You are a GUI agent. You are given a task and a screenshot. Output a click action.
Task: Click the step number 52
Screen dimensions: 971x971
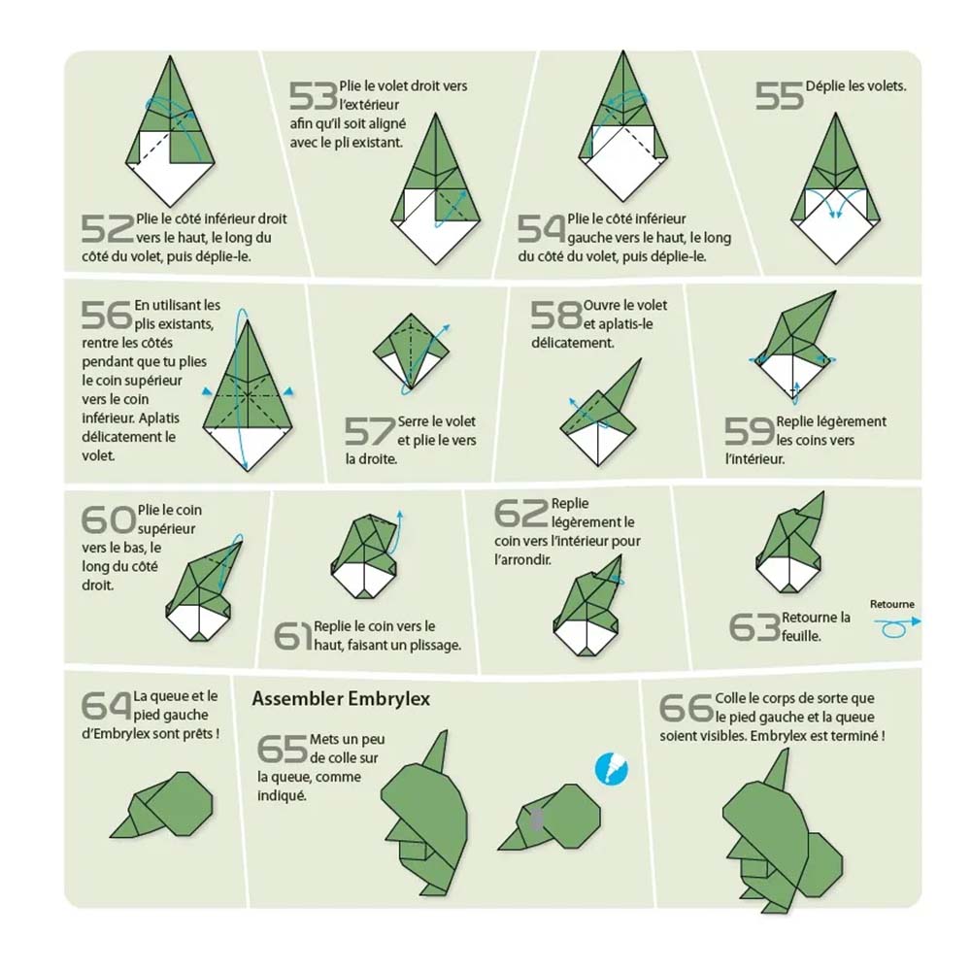coord(107,228)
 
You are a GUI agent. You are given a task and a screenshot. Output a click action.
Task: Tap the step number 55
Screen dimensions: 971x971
coord(779,96)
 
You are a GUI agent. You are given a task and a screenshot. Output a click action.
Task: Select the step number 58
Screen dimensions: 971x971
coord(555,316)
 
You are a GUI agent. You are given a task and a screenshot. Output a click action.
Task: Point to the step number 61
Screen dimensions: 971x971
coord(293,636)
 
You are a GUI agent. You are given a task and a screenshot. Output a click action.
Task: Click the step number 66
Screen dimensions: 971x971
coord(686,708)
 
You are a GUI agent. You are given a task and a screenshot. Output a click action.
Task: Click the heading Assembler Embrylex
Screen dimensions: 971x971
coord(341,698)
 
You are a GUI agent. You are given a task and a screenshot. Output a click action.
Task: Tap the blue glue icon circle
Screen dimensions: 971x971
coord(611,768)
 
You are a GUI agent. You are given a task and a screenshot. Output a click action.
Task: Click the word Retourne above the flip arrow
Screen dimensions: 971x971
coord(891,604)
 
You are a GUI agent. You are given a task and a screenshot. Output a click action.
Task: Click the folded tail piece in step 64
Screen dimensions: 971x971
coord(161,804)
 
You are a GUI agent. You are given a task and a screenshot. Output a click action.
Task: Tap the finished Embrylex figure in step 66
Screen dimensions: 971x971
coord(782,831)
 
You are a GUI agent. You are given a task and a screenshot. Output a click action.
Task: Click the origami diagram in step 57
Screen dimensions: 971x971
coord(411,353)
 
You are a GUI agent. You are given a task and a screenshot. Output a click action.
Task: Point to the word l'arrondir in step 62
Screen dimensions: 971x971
coord(522,560)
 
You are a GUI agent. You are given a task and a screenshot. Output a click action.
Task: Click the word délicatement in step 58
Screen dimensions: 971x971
coord(572,343)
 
